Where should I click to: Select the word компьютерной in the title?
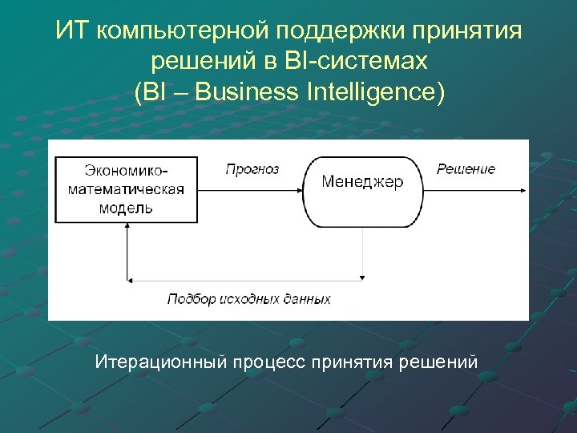(184, 31)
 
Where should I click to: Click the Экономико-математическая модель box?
(127, 189)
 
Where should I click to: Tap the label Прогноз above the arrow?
(252, 169)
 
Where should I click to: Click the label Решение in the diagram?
(466, 169)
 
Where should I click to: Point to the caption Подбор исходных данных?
(248, 299)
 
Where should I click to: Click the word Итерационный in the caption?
(160, 362)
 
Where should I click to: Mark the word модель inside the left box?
(126, 208)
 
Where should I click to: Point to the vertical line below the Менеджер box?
(363, 253)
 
